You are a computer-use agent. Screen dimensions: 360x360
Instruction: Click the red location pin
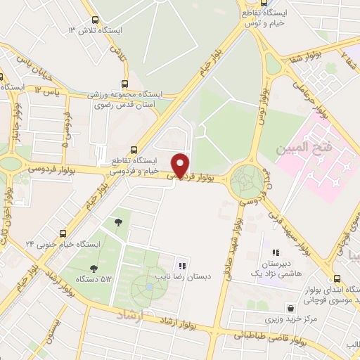181,165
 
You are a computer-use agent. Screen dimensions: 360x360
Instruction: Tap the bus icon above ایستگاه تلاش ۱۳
95,20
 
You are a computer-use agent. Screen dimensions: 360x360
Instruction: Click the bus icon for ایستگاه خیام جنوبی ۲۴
63,233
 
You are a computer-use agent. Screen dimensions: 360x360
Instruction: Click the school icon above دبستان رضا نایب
182,266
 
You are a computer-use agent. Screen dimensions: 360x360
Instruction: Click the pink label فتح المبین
324,148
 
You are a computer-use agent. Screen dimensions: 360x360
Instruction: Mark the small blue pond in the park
148,288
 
